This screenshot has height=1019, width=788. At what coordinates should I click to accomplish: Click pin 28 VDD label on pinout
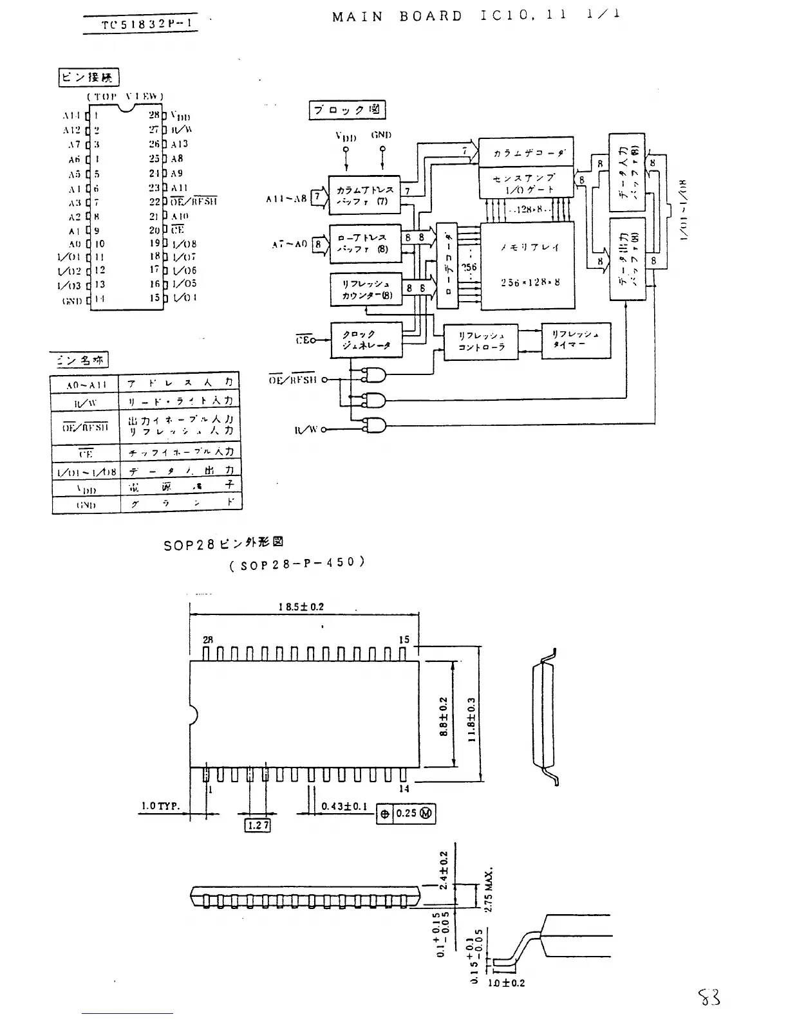(180, 117)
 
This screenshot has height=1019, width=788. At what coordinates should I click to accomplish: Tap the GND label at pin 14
(73, 300)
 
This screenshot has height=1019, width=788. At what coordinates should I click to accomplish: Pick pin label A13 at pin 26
(179, 145)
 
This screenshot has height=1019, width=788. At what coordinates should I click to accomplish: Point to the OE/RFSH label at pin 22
(193, 201)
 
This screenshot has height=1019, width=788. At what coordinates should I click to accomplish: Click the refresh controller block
(481, 341)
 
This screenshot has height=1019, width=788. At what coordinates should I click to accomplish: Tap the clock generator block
(366, 340)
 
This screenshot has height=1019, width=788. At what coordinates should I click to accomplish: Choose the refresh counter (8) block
(366, 290)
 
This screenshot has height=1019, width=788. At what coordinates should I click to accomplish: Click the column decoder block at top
(526, 153)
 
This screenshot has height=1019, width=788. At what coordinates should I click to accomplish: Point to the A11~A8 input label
(286, 199)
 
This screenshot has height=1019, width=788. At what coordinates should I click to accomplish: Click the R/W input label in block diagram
(306, 430)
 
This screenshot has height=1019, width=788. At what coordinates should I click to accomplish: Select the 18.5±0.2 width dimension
(301, 607)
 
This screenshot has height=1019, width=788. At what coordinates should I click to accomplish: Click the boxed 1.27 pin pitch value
(258, 825)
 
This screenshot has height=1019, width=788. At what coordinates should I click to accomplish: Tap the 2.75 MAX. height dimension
(489, 888)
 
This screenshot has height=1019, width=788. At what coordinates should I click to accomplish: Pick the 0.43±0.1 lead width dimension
(344, 807)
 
